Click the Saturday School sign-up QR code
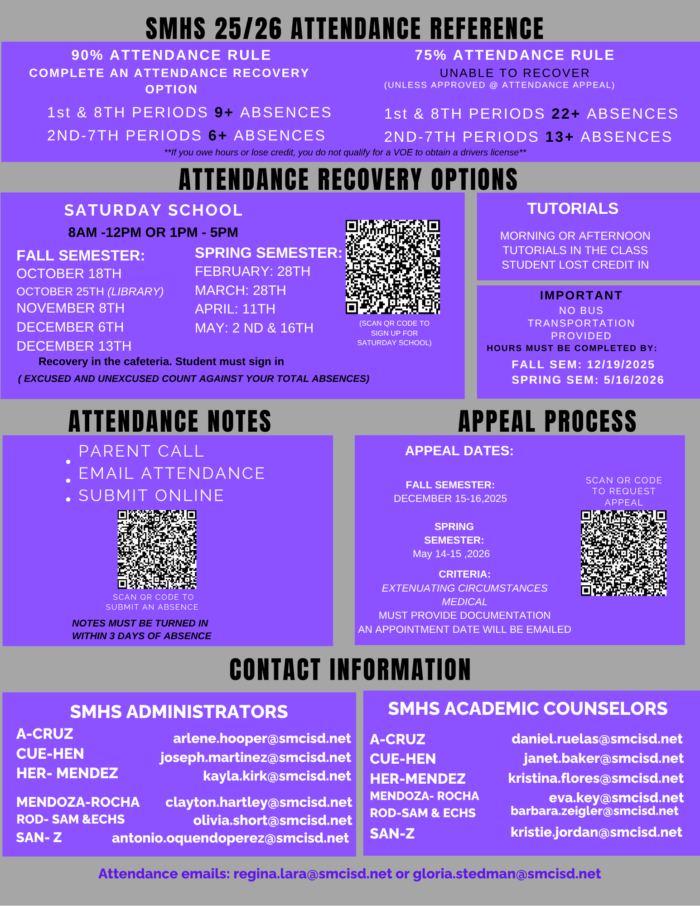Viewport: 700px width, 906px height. point(393,267)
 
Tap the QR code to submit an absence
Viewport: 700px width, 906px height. point(157,549)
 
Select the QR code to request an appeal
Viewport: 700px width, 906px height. point(623,553)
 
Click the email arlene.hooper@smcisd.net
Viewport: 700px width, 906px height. point(262,738)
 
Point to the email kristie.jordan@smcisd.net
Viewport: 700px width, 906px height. point(596,832)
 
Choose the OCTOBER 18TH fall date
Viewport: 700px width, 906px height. point(69,274)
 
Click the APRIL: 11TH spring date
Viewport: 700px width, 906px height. point(235,309)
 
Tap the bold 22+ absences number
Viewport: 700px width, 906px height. point(565,114)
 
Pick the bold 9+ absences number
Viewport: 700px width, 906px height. point(223,112)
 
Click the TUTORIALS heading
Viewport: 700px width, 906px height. point(572,208)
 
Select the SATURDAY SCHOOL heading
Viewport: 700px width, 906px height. point(154,210)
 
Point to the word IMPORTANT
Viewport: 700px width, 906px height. point(581,295)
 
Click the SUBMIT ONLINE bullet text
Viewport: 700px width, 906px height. point(151,496)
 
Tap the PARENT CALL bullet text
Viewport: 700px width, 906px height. point(141,451)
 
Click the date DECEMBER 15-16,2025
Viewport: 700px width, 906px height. point(450,498)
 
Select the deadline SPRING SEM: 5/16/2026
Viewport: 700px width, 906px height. point(588,380)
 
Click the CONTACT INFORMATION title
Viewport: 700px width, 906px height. point(350,670)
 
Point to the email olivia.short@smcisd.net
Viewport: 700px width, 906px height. point(272,820)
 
